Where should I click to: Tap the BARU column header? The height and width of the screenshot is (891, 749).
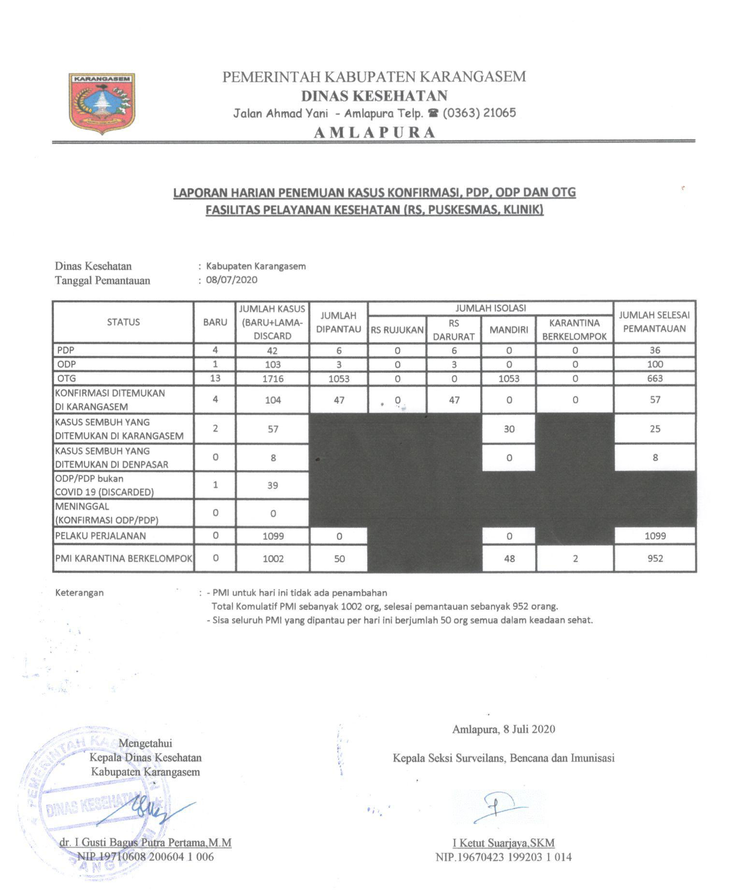(x=215, y=322)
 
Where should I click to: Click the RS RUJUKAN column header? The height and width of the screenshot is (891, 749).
(x=397, y=330)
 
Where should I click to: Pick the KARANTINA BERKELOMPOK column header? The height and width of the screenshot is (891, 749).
(x=574, y=329)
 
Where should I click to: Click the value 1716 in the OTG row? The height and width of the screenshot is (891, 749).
(x=273, y=379)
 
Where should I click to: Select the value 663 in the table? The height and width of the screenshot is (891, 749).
(x=655, y=379)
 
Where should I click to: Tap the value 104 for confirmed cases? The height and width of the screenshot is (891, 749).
(x=273, y=400)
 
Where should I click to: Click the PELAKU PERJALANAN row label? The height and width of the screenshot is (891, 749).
(x=101, y=535)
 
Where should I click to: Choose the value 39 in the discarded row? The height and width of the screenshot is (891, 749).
(x=273, y=485)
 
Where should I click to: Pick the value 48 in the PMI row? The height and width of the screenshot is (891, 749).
(x=509, y=559)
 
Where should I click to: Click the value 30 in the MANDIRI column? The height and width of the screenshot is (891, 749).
(x=509, y=429)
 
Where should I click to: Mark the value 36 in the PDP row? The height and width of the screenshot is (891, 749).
(x=655, y=350)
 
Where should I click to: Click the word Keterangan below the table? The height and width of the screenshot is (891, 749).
(x=79, y=593)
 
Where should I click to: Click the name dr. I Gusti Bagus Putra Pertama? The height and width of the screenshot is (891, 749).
(x=145, y=843)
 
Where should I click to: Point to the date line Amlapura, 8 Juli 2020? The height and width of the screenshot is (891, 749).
(x=504, y=729)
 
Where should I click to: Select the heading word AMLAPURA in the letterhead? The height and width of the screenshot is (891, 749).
(x=374, y=133)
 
